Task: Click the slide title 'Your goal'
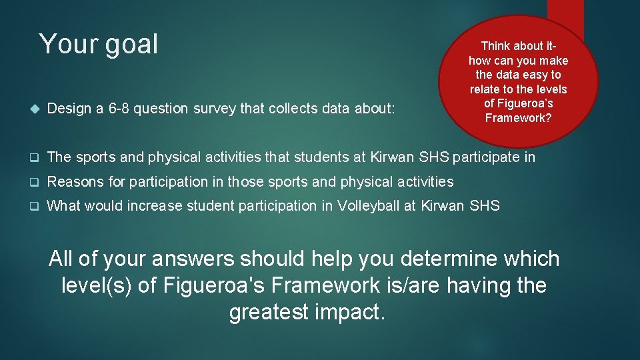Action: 99,45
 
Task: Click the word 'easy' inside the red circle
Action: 530,75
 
